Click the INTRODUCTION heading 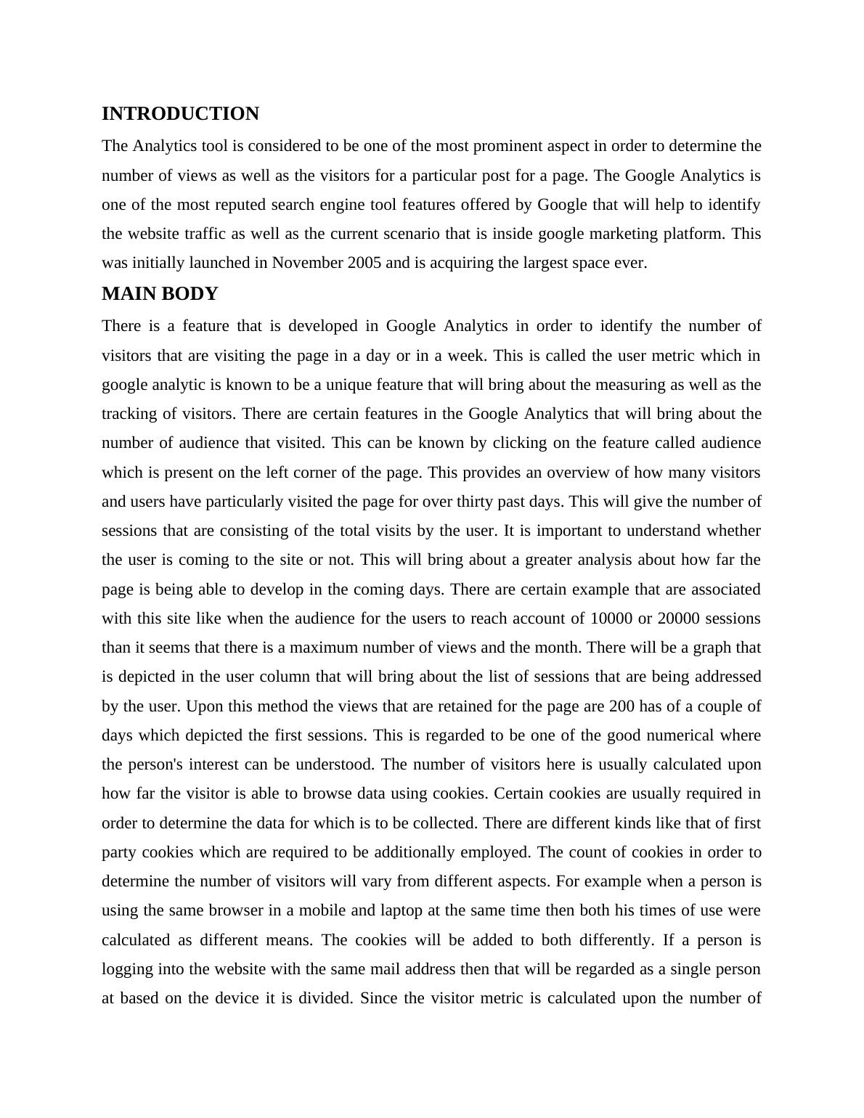pyautogui.click(x=180, y=114)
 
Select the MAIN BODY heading pyautogui.click(x=160, y=294)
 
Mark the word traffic pyautogui.click(x=211, y=234)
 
